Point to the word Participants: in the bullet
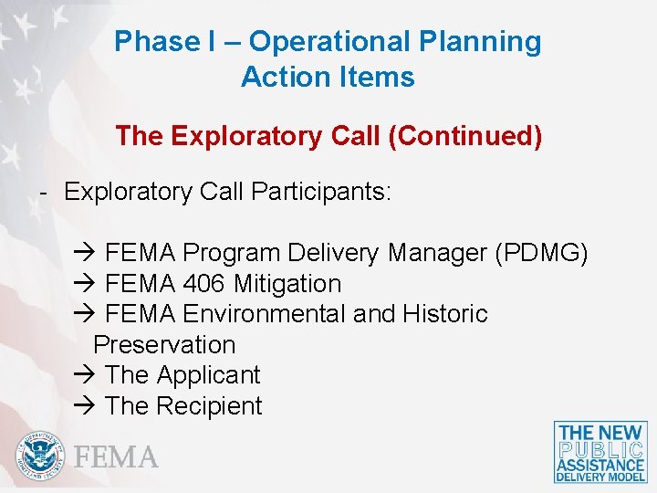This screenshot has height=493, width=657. pos(320,192)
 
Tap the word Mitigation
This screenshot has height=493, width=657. pos(287,284)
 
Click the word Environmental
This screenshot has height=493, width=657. pos(264,314)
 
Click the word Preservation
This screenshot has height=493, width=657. pos(164,345)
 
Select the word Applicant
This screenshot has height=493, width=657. pos(208,375)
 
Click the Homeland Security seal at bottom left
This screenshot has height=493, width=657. pos(39,455)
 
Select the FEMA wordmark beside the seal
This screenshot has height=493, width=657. pos(116,456)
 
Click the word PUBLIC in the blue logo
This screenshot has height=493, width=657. pos(600,450)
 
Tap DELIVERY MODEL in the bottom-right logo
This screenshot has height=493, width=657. pos(600,476)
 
